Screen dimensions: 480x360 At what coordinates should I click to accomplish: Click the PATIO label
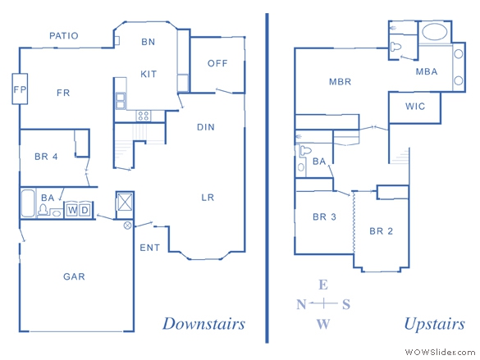64,36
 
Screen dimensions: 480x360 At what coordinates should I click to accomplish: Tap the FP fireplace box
20,89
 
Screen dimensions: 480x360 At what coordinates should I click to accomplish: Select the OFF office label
217,63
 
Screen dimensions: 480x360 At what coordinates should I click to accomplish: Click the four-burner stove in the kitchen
144,116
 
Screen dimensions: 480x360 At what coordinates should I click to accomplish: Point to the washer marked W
72,210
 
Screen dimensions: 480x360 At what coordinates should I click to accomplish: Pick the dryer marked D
85,210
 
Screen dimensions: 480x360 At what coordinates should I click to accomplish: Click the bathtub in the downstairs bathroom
28,203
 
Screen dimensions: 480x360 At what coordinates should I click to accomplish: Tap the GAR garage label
74,276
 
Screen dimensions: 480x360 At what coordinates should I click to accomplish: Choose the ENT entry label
149,248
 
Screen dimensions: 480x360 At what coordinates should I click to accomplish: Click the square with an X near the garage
125,202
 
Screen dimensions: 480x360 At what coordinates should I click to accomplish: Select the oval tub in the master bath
434,32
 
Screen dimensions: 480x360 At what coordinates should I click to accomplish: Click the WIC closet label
415,107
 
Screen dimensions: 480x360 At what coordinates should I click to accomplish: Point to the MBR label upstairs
340,82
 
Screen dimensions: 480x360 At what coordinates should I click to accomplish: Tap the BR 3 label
324,216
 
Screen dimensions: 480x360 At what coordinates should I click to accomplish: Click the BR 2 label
381,231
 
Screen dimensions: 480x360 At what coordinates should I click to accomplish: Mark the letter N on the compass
301,304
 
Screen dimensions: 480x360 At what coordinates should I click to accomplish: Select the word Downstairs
203,324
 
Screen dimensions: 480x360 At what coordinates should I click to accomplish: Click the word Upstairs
435,324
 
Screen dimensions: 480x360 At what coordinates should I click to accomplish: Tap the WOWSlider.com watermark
440,353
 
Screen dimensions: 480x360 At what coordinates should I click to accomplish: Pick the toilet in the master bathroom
395,47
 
